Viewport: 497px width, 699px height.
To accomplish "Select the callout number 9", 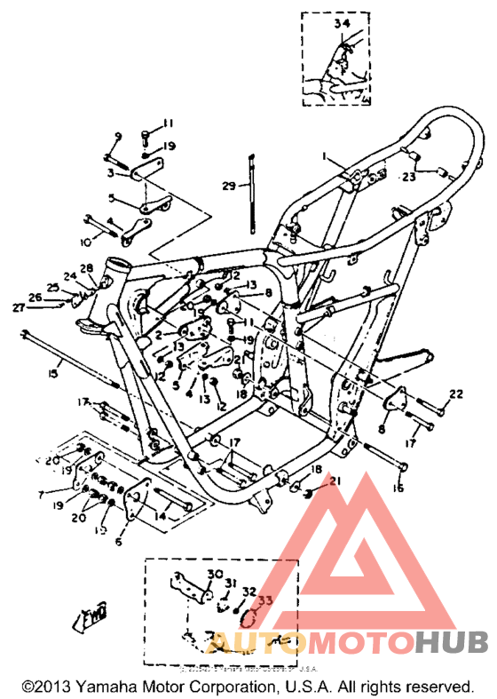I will point(116,136).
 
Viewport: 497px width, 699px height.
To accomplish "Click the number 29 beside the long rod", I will point(230,186).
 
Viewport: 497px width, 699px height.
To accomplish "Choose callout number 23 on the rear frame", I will point(433,176).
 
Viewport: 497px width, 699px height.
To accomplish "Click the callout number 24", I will point(69,277).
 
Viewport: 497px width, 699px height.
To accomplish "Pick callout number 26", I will point(35,297).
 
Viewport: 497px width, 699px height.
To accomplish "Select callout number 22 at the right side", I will point(455,394).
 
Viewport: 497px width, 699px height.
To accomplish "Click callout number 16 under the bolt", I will point(398,488).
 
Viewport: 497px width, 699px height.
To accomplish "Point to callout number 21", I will point(334,481).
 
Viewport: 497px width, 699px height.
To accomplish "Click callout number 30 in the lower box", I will point(217,575).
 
